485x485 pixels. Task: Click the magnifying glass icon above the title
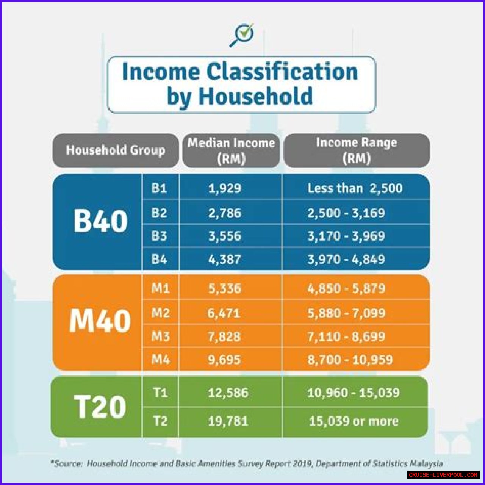click(x=241, y=35)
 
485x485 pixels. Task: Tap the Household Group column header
click(x=116, y=150)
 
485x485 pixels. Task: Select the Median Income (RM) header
click(x=231, y=150)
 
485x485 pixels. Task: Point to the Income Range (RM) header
click(x=357, y=150)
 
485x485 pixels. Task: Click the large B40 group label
click(x=100, y=221)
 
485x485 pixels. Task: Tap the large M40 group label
click(x=100, y=321)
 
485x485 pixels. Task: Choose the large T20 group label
click(x=100, y=407)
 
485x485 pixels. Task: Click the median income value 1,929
click(x=225, y=188)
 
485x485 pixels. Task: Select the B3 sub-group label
click(x=159, y=236)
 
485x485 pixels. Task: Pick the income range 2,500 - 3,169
click(x=346, y=213)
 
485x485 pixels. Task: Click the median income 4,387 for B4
click(x=225, y=259)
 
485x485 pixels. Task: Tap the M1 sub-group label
click(x=160, y=288)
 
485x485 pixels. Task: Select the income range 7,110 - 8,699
click(x=346, y=336)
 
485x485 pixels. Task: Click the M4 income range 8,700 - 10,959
click(x=350, y=360)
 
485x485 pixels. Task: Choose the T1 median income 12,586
click(x=228, y=393)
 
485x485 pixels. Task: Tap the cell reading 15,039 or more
click(x=354, y=421)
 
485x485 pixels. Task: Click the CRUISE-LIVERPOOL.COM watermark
click(x=443, y=475)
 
